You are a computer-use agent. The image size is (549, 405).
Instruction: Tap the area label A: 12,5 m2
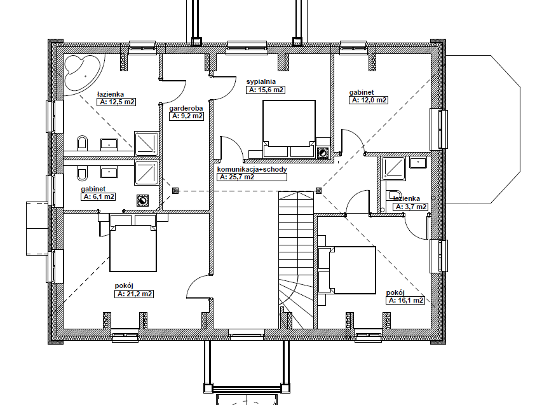pyautogui.click(x=116, y=102)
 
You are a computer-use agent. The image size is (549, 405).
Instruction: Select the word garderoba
pyautogui.click(x=186, y=109)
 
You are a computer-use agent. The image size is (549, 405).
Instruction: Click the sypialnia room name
pyautogui.click(x=261, y=81)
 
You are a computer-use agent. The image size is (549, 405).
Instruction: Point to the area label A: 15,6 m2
pyautogui.click(x=266, y=90)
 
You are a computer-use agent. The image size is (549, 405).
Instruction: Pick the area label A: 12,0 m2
pyautogui.click(x=369, y=100)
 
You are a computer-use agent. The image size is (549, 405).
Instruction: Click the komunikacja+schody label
pyautogui.click(x=252, y=170)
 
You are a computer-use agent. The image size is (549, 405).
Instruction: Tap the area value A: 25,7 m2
pyautogui.click(x=252, y=177)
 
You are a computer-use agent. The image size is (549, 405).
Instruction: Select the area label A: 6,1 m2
pyautogui.click(x=98, y=197)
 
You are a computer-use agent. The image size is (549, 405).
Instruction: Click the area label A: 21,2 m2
pyautogui.click(x=134, y=294)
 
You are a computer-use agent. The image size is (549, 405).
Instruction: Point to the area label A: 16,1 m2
pyautogui.click(x=405, y=301)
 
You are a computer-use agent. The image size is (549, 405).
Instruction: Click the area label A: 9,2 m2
pyautogui.click(x=186, y=116)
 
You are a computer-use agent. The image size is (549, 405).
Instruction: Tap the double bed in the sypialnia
pyautogui.click(x=289, y=129)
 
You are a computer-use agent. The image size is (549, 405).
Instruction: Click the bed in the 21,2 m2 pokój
pyautogui.click(x=133, y=243)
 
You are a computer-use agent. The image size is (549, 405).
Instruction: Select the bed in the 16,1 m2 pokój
pyautogui.click(x=347, y=270)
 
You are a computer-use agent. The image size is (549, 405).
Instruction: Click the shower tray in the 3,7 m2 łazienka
pyautogui.click(x=393, y=168)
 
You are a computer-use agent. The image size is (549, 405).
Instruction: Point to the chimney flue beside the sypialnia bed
pyautogui.click(x=322, y=153)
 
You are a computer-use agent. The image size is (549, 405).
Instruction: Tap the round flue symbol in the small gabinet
pyautogui.click(x=142, y=201)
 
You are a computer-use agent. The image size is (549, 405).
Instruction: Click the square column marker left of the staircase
pyautogui.click(x=175, y=191)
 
